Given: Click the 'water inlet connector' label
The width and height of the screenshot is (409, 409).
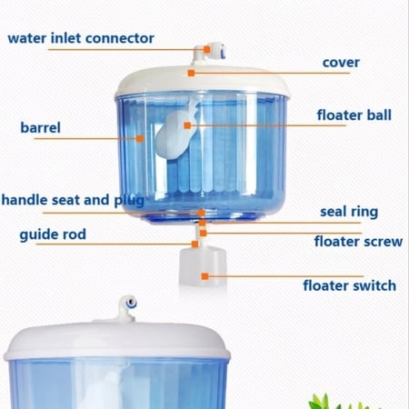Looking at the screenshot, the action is point(81,38).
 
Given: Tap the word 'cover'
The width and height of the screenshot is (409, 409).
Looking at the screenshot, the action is point(341,63).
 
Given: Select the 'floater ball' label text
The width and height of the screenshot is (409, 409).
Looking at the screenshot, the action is point(354,115).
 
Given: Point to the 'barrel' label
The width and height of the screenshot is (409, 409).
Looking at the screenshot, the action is point(40,127).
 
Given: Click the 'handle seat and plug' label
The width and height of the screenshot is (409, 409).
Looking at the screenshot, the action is point(73,200).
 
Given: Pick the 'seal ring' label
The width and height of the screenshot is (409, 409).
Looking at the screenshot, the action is point(349,212).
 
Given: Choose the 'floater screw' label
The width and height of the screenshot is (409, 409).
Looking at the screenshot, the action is point(358,242).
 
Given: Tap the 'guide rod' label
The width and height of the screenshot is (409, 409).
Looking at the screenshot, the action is point(53,234).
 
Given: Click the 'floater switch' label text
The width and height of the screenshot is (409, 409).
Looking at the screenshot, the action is point(350,285).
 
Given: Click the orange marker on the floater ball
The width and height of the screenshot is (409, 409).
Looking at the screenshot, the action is point(187,125).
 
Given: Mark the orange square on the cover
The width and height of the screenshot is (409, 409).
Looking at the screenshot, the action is point(191,73).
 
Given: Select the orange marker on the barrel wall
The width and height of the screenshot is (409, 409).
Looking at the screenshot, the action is point(140,138).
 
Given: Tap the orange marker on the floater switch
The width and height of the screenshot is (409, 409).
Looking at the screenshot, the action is point(205,276).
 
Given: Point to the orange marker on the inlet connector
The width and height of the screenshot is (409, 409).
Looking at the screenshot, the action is point(207,49).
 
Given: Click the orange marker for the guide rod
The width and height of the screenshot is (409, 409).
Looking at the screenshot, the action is point(195,244).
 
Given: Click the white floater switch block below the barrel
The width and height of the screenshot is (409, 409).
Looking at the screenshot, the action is point(203,266).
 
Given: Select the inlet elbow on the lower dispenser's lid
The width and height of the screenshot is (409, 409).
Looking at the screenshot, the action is point(127,309).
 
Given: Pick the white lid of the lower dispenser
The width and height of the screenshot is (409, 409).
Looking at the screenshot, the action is point(116,341).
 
